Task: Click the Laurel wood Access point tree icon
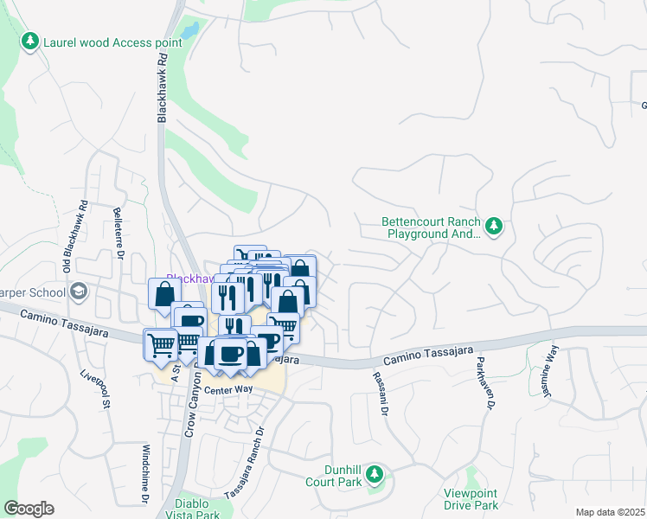pyautogui.click(x=30, y=41)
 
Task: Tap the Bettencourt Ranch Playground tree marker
pyautogui.click(x=494, y=227)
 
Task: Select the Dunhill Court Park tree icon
pyautogui.click(x=375, y=474)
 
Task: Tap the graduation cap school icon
pyautogui.click(x=80, y=290)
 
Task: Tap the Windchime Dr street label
pyautogui.click(x=144, y=474)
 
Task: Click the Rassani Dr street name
pyautogui.click(x=379, y=390)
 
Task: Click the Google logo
pyautogui.click(x=29, y=509)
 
